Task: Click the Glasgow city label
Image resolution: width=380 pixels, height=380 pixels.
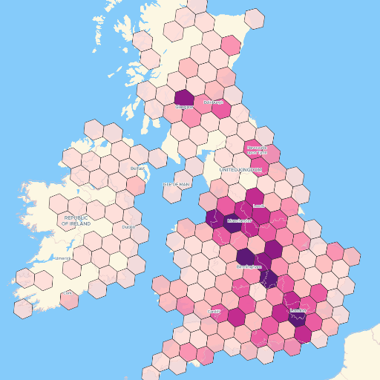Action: click(x=184, y=107)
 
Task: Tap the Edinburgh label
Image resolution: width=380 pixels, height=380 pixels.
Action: click(x=213, y=102)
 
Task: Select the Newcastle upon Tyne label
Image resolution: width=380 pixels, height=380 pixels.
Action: click(x=257, y=150)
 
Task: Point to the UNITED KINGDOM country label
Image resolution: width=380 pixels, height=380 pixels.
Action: click(x=240, y=170)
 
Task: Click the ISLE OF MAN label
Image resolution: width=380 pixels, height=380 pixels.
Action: click(x=177, y=184)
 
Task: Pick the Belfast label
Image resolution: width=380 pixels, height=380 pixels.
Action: click(x=137, y=168)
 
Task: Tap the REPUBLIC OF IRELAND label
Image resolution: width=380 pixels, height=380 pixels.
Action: click(x=76, y=220)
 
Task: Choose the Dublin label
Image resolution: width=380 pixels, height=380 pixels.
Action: click(x=129, y=227)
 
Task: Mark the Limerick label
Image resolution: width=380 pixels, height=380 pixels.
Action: click(x=62, y=258)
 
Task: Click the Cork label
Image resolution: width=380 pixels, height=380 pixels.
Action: click(x=68, y=293)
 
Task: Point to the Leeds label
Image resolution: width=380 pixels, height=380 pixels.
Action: click(x=258, y=206)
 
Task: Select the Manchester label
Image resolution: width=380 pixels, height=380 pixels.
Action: click(x=240, y=220)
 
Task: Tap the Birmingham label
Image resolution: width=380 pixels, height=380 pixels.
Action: click(x=249, y=266)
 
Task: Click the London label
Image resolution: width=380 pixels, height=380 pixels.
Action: click(x=298, y=310)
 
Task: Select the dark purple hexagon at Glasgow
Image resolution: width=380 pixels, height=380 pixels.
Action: click(x=184, y=97)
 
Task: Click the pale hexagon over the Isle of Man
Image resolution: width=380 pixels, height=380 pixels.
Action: click(x=172, y=194)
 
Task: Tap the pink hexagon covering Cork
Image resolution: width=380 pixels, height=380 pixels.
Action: click(x=71, y=299)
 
